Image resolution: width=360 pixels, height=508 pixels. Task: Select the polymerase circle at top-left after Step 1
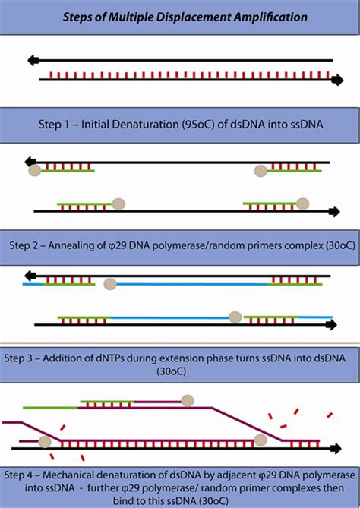point(34,171)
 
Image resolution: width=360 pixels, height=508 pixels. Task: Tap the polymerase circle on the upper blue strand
point(110,284)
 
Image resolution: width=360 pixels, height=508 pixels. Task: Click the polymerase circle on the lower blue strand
point(235,316)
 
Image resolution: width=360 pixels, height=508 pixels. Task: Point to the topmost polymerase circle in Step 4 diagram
point(186,400)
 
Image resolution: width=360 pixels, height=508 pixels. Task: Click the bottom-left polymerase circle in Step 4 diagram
point(45,441)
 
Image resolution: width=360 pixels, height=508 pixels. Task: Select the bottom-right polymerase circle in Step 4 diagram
point(261,440)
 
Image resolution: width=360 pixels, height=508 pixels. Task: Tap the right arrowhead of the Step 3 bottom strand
point(332,324)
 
